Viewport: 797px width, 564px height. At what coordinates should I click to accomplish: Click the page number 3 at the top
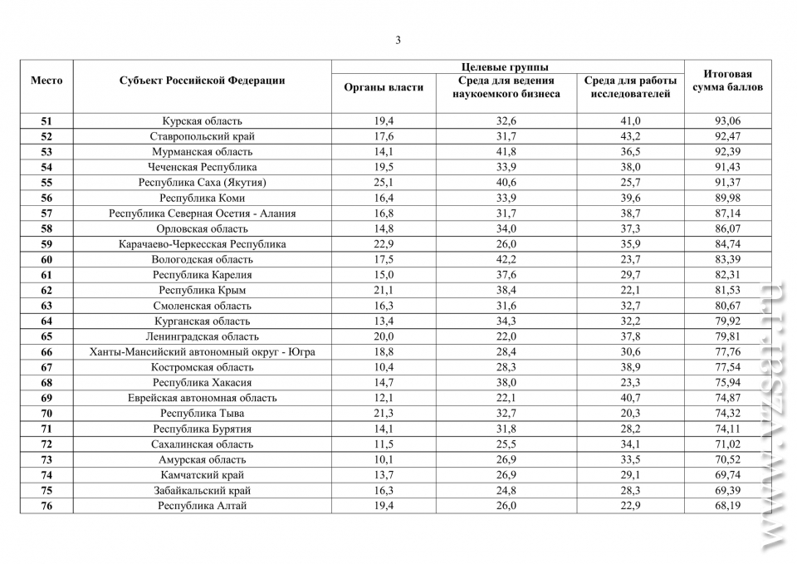pyautogui.click(x=398, y=40)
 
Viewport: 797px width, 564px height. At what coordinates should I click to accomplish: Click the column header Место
pyautogui.click(x=46, y=81)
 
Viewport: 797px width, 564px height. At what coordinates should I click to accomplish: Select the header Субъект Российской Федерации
pyautogui.click(x=202, y=81)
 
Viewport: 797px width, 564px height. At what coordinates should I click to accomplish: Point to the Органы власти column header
pyautogui.click(x=384, y=87)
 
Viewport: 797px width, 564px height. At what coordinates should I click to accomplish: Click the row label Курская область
pyautogui.click(x=202, y=121)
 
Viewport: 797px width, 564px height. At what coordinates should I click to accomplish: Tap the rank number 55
pyautogui.click(x=46, y=183)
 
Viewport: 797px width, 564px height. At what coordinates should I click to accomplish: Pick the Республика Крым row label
pyautogui.click(x=202, y=291)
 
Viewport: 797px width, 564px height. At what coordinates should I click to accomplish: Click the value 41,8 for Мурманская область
pyautogui.click(x=506, y=152)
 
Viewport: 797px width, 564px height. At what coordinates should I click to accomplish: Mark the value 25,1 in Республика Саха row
pyautogui.click(x=384, y=183)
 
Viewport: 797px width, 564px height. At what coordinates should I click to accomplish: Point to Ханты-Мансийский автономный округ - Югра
pyautogui.click(x=202, y=352)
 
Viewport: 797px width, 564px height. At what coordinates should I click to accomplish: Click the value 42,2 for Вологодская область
pyautogui.click(x=506, y=260)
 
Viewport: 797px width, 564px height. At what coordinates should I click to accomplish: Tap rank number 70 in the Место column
pyautogui.click(x=46, y=414)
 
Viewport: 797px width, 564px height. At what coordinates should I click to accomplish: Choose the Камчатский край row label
pyautogui.click(x=202, y=475)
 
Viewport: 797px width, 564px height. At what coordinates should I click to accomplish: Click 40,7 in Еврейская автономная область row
pyautogui.click(x=630, y=398)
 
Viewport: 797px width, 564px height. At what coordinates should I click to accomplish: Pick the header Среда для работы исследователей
pyautogui.click(x=630, y=87)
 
